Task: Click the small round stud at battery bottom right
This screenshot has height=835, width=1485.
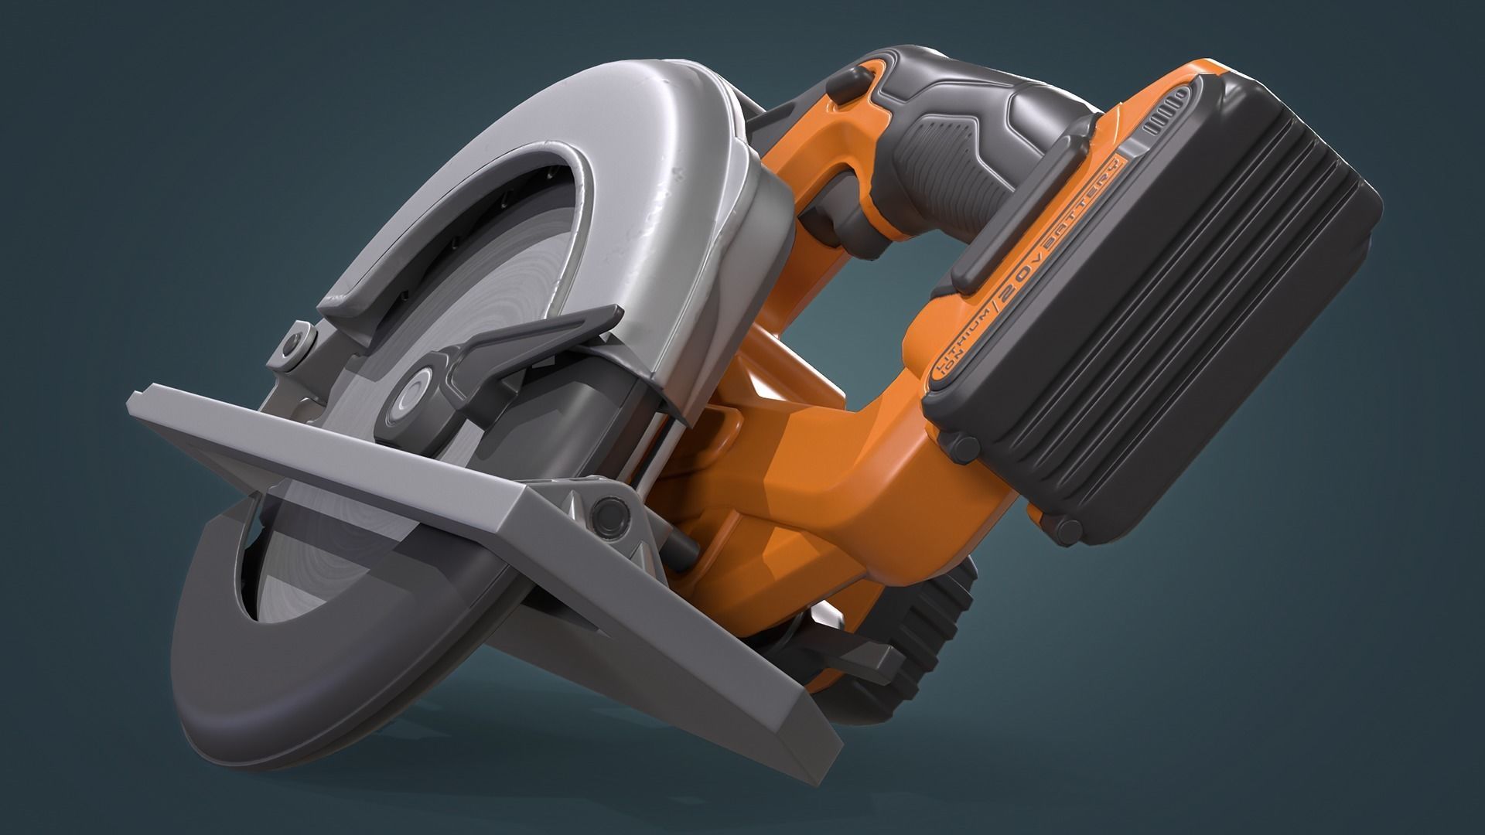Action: coord(1067,529)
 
